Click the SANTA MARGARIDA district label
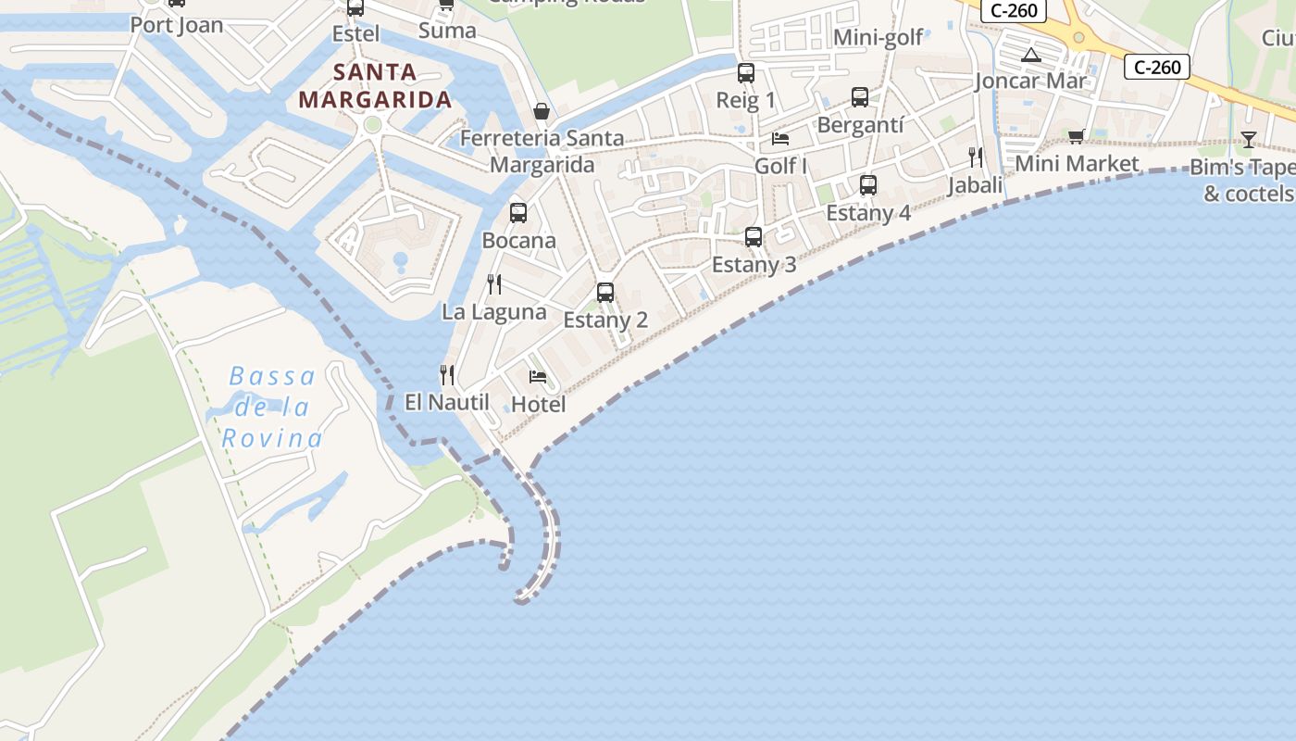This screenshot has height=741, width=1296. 375,85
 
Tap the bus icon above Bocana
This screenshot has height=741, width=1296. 518,213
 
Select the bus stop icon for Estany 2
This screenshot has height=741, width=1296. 605,293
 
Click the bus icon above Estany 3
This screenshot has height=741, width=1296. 754,237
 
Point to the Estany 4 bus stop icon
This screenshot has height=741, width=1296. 867,185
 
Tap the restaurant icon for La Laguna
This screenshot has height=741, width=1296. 494,283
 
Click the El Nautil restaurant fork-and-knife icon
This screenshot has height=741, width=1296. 447,374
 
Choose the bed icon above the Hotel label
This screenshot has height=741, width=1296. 538,377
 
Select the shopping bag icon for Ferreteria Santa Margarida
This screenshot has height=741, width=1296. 542,111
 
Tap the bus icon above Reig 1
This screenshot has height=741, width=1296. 746,72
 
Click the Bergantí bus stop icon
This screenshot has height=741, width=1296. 860,96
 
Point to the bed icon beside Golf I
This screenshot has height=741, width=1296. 780,139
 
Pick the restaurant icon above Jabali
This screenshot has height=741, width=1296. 975,157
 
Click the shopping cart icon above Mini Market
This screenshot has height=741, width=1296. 1076,136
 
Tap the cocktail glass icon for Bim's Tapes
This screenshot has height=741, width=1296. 1249,140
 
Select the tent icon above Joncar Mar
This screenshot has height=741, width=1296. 1031,55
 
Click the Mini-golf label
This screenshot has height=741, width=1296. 879,37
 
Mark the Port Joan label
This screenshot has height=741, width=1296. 177,24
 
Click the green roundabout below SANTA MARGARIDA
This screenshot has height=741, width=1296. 373,124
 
